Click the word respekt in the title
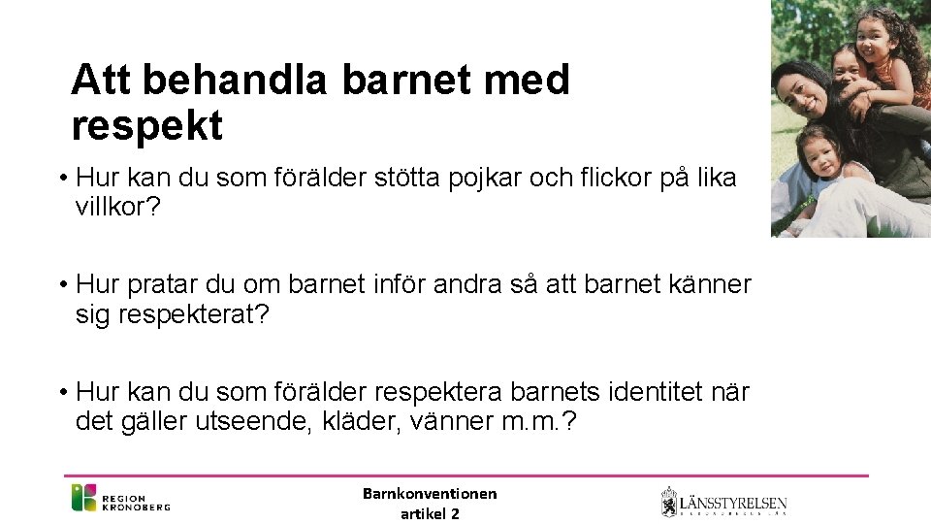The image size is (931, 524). click(146, 125)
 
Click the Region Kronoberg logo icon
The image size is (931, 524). click(83, 498)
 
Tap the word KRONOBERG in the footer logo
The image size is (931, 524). click(136, 506)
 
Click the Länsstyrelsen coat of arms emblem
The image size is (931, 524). click(668, 502)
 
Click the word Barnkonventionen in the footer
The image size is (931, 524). click(430, 494)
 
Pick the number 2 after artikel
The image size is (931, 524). click(456, 513)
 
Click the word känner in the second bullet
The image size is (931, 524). click(716, 285)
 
